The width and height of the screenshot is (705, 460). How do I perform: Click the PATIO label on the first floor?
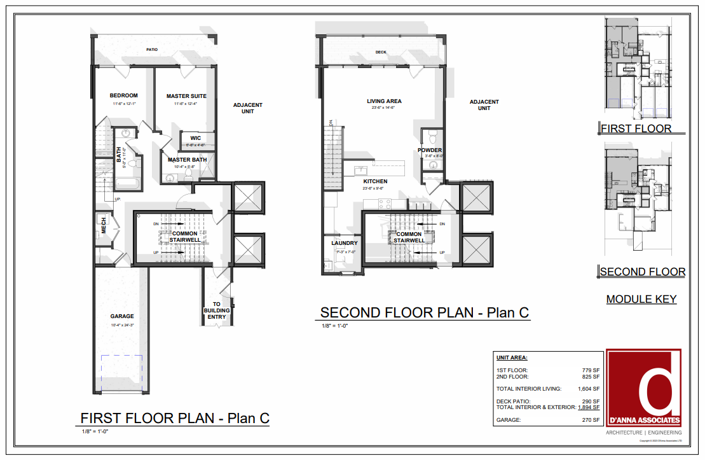[152, 50]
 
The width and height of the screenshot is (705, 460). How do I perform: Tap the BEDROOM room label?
[123, 95]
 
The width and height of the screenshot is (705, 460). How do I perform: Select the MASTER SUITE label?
[186, 96]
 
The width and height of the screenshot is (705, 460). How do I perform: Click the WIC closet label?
[196, 138]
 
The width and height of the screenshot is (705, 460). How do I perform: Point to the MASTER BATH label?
[187, 160]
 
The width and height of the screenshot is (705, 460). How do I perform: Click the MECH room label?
[104, 225]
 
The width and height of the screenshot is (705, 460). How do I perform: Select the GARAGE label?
[121, 316]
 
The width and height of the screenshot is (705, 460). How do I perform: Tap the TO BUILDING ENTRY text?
[217, 310]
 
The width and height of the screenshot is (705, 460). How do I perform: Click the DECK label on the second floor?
[381, 52]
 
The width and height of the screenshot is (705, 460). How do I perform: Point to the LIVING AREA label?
[384, 101]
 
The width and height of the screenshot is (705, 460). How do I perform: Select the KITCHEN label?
[376, 181]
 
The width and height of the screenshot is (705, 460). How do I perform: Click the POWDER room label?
[430, 150]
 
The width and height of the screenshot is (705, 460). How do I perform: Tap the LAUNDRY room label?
[345, 243]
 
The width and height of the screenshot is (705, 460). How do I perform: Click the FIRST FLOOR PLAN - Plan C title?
[175, 418]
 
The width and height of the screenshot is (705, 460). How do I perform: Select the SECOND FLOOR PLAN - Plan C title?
[424, 312]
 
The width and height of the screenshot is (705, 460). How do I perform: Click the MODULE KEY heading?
[641, 299]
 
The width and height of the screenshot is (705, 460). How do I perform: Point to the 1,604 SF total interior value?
[589, 388]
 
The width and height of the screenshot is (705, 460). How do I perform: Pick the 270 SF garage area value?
[592, 420]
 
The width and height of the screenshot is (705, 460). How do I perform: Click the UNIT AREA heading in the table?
[512, 358]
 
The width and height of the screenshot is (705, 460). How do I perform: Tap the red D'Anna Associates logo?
[643, 387]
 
